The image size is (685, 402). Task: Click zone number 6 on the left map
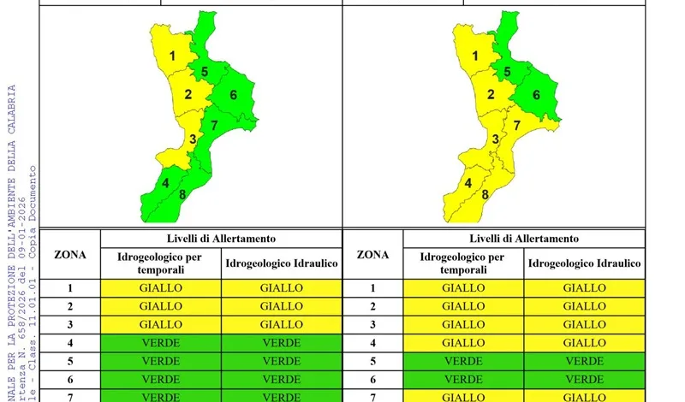pos(234,94)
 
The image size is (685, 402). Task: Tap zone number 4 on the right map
pos(468,182)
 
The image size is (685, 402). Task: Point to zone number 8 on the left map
pos(182,194)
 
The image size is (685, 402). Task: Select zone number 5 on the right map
pos(507,72)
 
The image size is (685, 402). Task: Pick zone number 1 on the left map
pos(173,57)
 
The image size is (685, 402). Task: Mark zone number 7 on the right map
pos(516,126)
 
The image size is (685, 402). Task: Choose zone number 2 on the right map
pos(491,94)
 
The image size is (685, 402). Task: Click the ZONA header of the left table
pos(70,254)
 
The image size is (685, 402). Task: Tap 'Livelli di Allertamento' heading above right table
pos(524,239)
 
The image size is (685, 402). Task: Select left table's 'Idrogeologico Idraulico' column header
pos(281,263)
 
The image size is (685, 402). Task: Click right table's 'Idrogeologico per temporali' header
pos(464,263)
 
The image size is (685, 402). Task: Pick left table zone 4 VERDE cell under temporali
pos(161,343)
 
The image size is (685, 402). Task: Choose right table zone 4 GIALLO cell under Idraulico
pos(584,343)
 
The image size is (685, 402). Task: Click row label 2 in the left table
pos(70,306)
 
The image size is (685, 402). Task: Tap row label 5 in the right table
pos(372,361)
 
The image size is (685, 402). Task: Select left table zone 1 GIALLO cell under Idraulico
pos(281,288)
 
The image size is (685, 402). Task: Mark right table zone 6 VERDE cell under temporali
pos(464,379)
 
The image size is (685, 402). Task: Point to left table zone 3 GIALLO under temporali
pos(161,324)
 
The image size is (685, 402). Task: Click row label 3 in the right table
pos(372,324)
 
